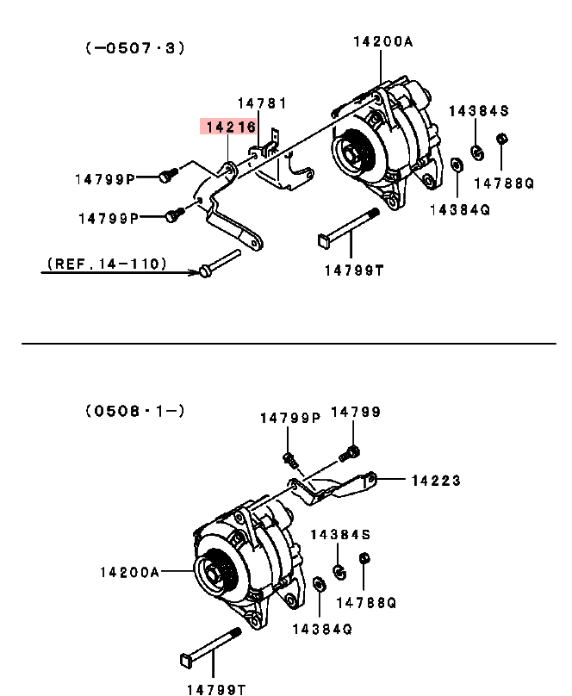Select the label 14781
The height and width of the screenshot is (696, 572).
click(262, 103)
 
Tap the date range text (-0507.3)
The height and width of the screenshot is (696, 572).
click(134, 47)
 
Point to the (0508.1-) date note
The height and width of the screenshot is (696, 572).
click(134, 411)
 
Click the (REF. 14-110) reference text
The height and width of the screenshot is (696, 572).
click(107, 264)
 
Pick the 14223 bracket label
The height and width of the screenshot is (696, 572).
click(436, 481)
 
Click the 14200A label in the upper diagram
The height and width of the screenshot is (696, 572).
click(383, 41)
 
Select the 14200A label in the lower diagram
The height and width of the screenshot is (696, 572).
click(129, 573)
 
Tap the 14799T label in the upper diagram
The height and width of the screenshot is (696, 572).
click(354, 270)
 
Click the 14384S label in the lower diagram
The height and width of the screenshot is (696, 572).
click(340, 534)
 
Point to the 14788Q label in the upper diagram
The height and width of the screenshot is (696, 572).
click(504, 183)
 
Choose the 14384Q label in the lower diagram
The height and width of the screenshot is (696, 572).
click(322, 629)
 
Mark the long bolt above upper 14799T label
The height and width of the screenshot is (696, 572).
click(349, 228)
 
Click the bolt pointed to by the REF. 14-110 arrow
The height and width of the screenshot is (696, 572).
click(219, 264)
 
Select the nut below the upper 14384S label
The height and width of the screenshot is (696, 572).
click(477, 153)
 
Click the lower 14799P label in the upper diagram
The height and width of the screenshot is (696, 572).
click(109, 219)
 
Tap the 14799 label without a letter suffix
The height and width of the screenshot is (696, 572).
click(356, 412)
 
